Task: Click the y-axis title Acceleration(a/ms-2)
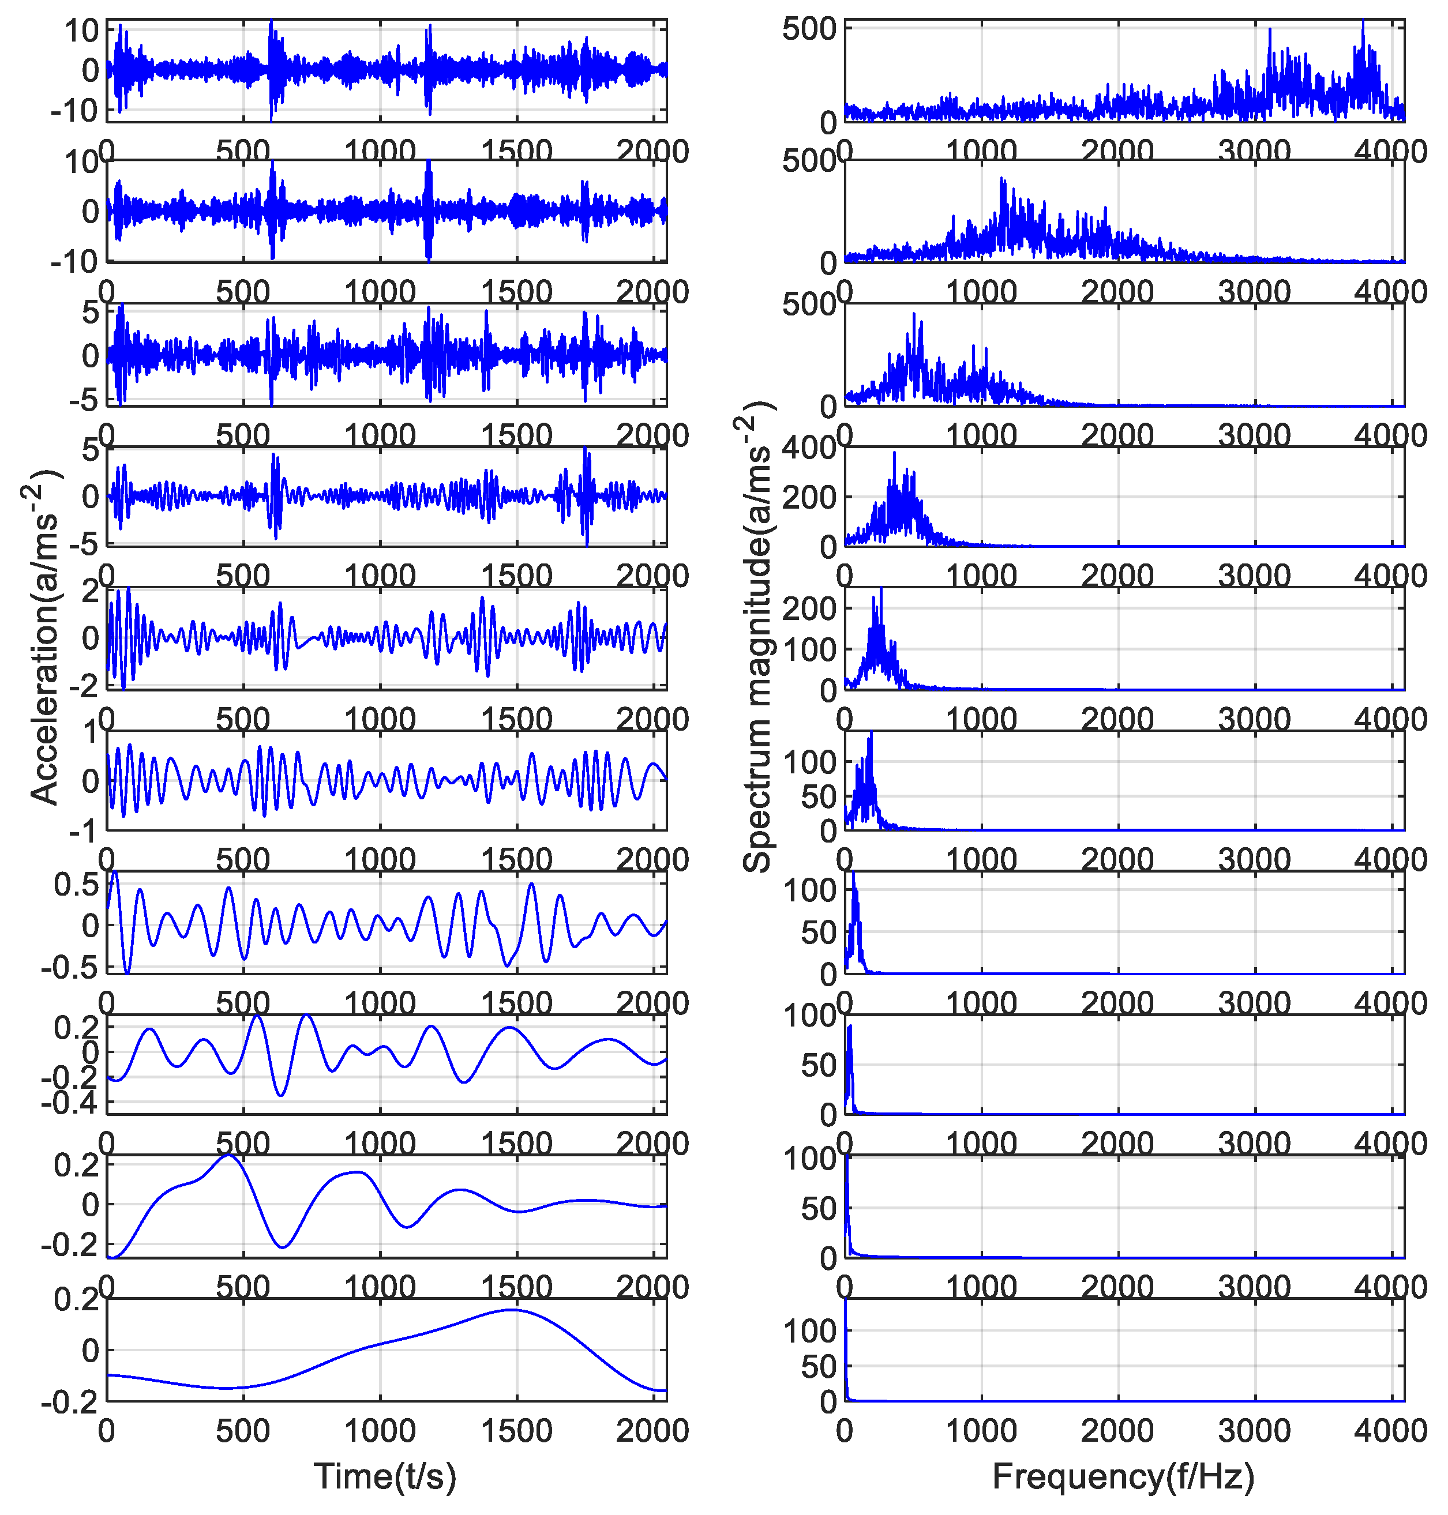44,637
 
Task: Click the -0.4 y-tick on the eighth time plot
69,1103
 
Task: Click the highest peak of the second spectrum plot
1002,181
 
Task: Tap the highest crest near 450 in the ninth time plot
228,1156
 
